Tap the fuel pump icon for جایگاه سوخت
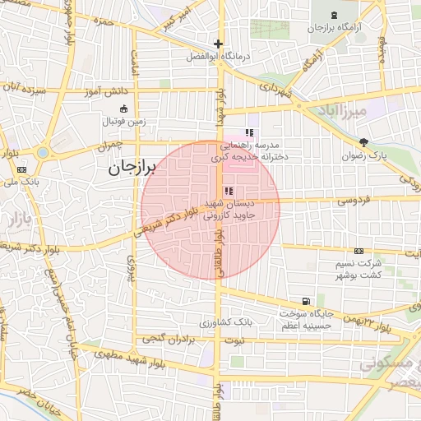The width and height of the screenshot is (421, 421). (x=307, y=302)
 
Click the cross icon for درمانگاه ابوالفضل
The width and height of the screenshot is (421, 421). (x=218, y=44)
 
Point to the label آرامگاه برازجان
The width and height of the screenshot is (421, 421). (x=337, y=28)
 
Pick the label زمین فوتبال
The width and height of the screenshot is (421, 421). (x=123, y=122)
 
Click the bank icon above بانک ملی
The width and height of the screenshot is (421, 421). (x=21, y=169)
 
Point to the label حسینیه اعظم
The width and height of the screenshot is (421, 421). (x=307, y=327)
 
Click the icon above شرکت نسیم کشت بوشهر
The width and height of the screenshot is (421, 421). (x=359, y=251)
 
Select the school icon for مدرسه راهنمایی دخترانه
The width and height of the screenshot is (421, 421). (x=249, y=133)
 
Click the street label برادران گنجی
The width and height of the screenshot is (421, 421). (x=171, y=337)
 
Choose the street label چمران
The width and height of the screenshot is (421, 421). (x=108, y=146)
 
